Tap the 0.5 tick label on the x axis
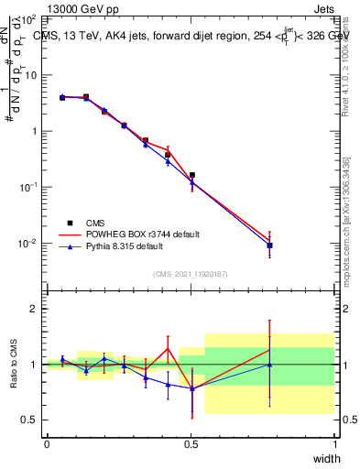pos(191,444)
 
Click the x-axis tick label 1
pos(335,444)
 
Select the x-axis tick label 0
pos(47,444)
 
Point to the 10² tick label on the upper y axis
pos(27,18)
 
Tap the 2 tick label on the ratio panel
pos(34,309)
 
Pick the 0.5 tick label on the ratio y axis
pos(29,420)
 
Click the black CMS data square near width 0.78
pos(269,245)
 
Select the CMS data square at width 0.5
pos(191,175)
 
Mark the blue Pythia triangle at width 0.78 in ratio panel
pos(269,365)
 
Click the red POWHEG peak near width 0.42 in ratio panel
pos(168,348)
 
